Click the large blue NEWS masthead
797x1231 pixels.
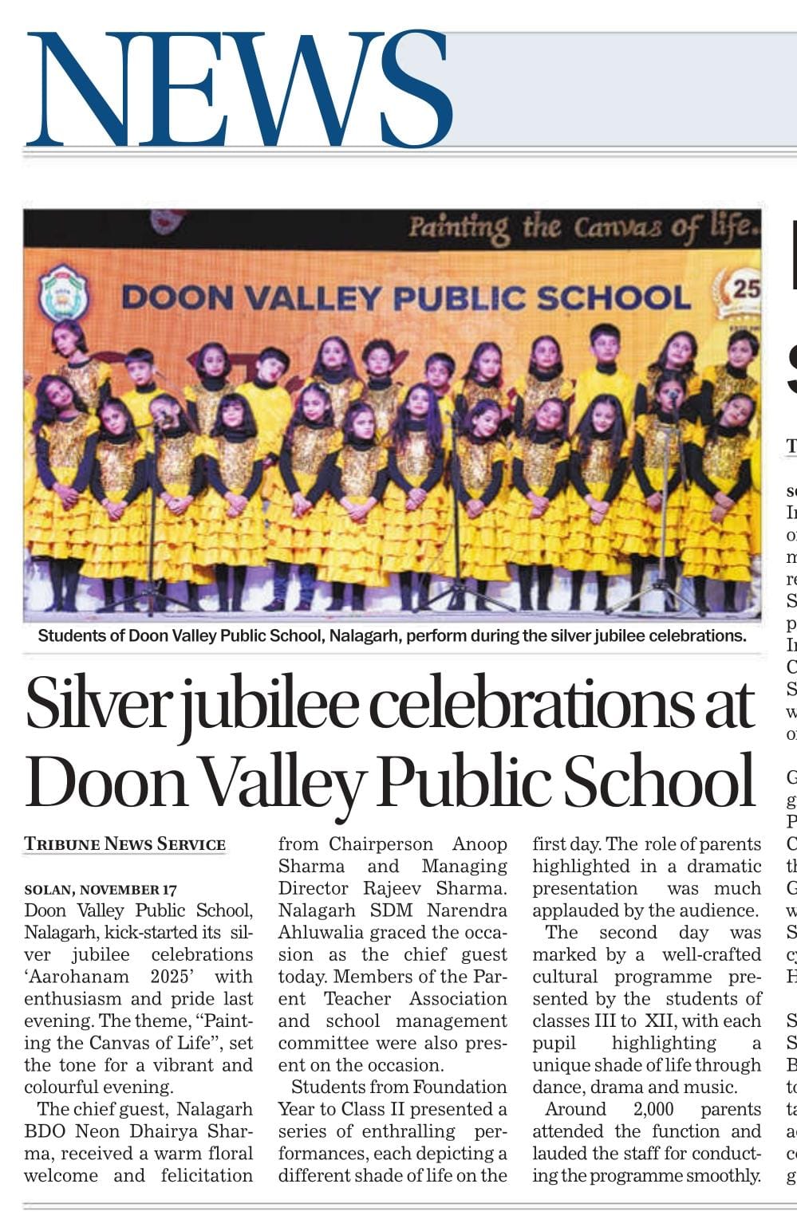coord(239,89)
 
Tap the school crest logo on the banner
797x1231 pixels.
coord(64,293)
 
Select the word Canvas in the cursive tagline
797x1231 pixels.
coord(618,229)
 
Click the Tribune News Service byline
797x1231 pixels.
coord(125,844)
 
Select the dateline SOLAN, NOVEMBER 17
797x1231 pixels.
coord(101,889)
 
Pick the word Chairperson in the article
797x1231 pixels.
coord(381,844)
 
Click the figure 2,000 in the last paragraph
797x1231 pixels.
coord(653,1109)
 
